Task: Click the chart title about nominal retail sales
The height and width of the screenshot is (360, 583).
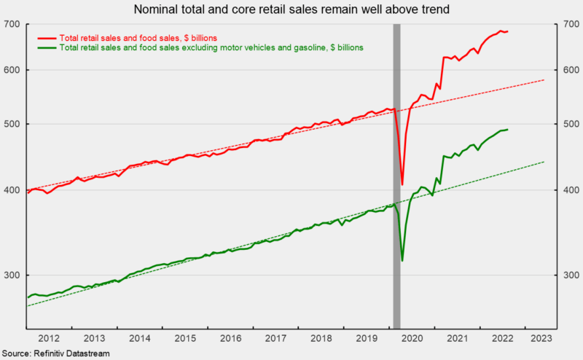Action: [x=291, y=10]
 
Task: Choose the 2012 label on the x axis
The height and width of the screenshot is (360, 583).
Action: [x=49, y=338]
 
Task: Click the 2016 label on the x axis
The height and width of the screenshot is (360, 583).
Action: [x=230, y=338]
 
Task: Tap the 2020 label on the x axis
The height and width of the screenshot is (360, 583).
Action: [x=412, y=338]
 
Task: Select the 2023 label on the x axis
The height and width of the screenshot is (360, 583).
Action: [x=541, y=338]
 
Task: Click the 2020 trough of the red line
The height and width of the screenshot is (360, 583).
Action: [x=402, y=185]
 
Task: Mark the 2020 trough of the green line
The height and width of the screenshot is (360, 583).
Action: [x=402, y=260]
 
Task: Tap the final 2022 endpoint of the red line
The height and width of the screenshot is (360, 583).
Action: [x=507, y=31]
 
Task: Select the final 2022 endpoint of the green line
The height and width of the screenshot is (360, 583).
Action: [x=507, y=130]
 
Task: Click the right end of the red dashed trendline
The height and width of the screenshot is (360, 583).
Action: [x=544, y=79]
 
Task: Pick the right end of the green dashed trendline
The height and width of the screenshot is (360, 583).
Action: [x=544, y=162]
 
